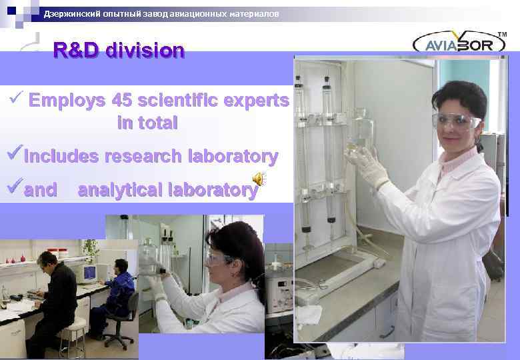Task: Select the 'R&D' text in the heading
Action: tap(75, 51)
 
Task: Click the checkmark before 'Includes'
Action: tap(15, 156)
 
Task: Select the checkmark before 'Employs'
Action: tap(17, 99)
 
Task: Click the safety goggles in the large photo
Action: tap(455, 121)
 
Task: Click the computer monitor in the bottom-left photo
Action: tap(89, 273)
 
